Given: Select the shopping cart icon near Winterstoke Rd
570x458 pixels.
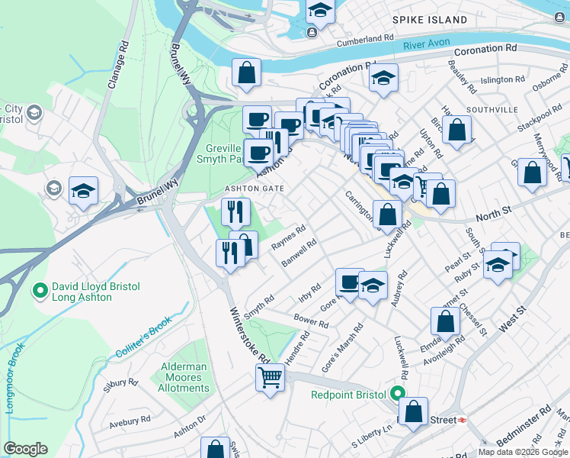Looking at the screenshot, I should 271,377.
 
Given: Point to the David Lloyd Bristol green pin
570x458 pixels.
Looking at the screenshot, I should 40,291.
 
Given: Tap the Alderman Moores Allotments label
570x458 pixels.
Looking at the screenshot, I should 184,377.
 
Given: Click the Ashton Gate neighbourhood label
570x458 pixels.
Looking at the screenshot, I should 254,189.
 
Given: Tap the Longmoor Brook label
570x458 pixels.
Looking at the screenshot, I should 16,378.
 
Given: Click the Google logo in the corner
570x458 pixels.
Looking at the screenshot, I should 25,449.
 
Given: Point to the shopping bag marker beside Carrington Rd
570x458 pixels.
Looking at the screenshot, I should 387,214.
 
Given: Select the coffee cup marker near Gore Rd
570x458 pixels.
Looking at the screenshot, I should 349,283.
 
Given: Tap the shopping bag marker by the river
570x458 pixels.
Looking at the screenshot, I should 246,73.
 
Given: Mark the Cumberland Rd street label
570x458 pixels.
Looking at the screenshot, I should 367,37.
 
